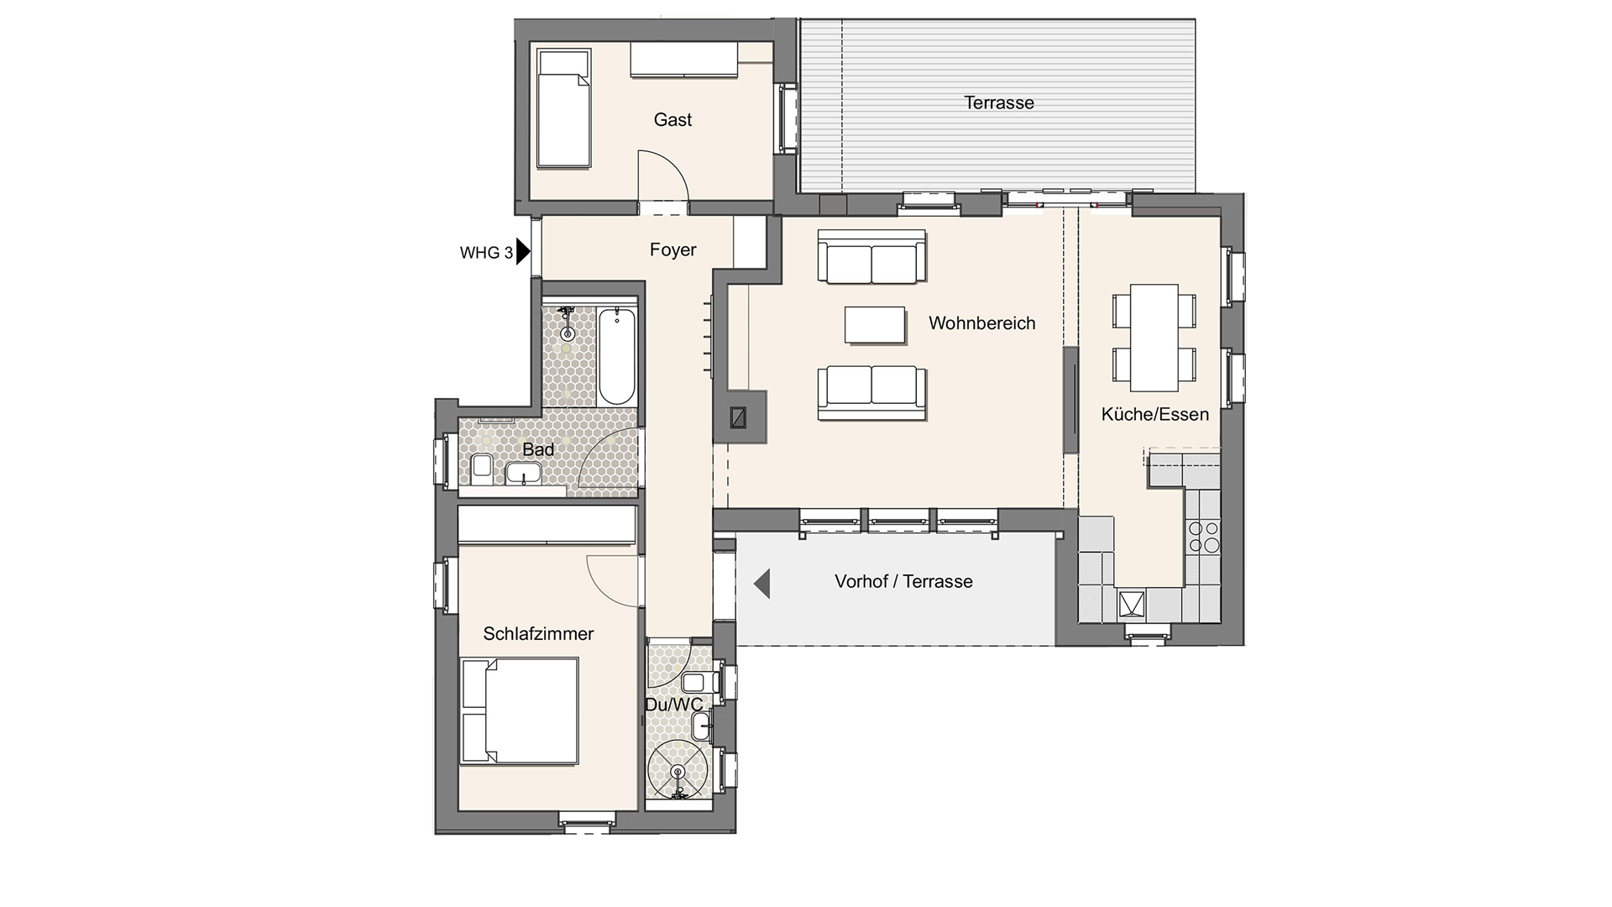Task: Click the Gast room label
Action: pos(673,120)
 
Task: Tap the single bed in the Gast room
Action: pos(563,107)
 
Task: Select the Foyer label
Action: pos(673,250)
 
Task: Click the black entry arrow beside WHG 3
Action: pos(523,251)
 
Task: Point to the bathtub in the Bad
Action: pos(617,356)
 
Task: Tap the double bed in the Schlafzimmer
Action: pos(520,711)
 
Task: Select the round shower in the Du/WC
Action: pos(678,769)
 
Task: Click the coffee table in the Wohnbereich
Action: pos(876,325)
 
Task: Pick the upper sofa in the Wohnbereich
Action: pos(872,256)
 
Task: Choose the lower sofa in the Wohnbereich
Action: pos(872,393)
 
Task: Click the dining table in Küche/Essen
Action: pos(1154,338)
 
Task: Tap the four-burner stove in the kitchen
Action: pos(1203,537)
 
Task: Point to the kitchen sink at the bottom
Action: pos(1132,604)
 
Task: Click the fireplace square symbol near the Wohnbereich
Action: pos(740,417)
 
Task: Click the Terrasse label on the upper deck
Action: pos(999,103)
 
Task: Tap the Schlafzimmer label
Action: pos(538,634)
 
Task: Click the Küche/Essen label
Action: pos(1154,414)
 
